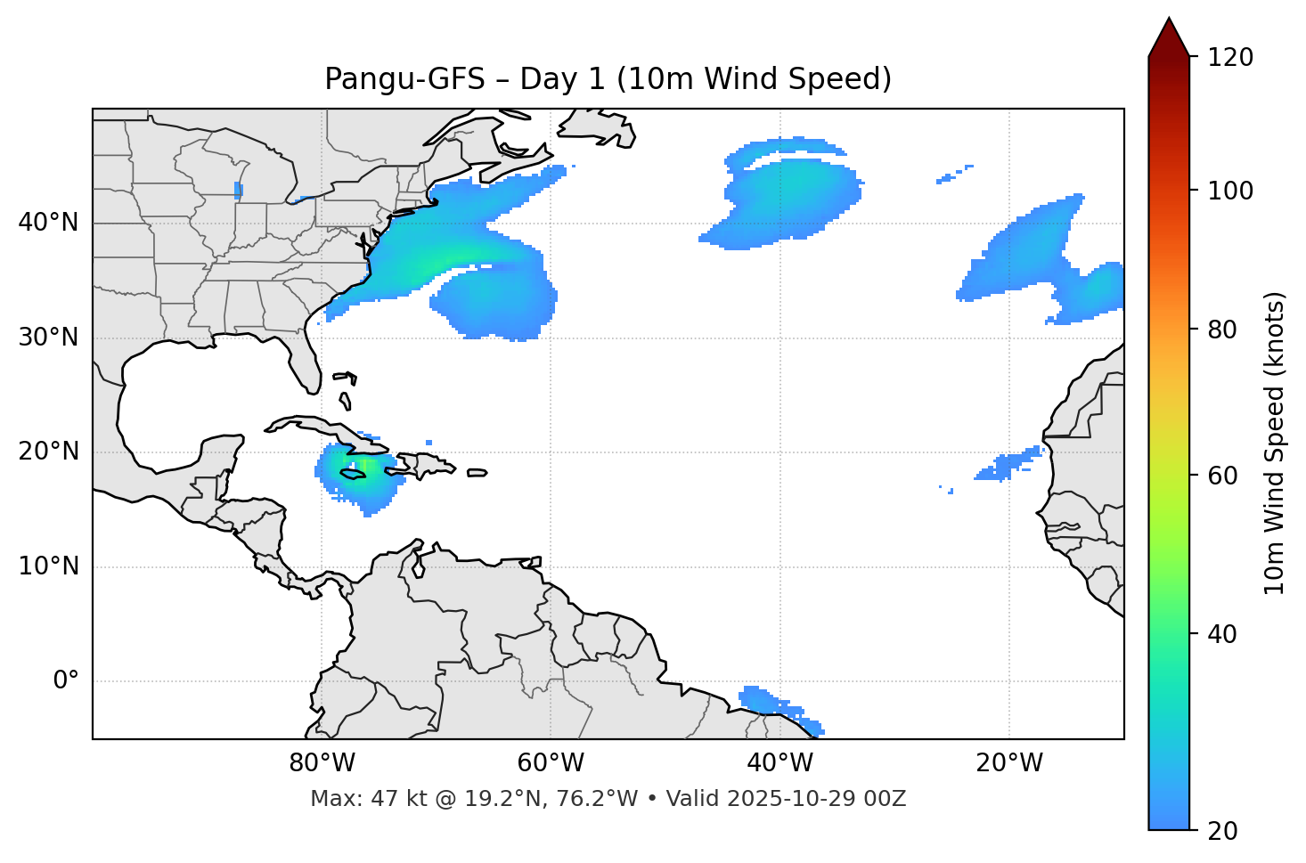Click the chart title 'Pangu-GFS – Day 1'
(608, 79)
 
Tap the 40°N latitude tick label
(48, 223)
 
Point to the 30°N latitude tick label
(48, 338)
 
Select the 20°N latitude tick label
(48, 452)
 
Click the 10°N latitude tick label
(48, 566)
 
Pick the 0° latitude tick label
(66, 681)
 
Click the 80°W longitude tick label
(322, 763)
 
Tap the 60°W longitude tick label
(551, 763)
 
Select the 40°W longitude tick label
(780, 763)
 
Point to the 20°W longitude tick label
(1008, 763)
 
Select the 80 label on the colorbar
(1222, 330)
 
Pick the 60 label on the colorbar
(1222, 476)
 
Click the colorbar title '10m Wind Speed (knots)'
(1275, 443)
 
